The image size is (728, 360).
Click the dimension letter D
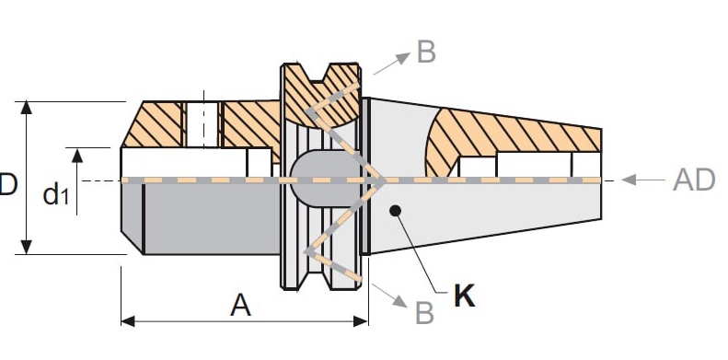click(x=8, y=184)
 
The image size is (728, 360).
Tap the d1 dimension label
click(x=56, y=193)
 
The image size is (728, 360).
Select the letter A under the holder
click(x=240, y=305)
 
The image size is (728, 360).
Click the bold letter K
click(x=465, y=295)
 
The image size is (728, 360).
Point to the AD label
click(x=695, y=180)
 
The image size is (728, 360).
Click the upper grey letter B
click(x=427, y=52)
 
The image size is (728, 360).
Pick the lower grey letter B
click(x=425, y=313)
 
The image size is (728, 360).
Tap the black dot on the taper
click(x=395, y=211)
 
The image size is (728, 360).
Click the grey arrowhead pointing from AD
click(x=629, y=180)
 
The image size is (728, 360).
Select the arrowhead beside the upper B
click(x=403, y=58)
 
